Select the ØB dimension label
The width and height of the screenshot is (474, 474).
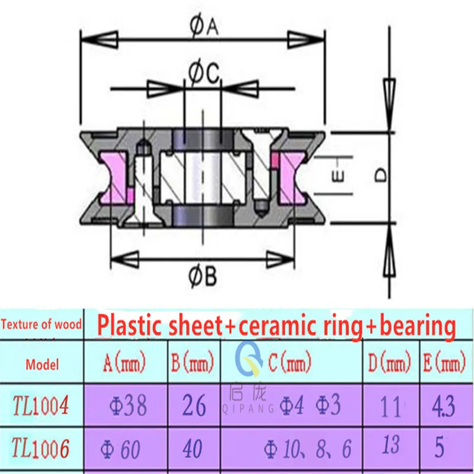click(x=204, y=276)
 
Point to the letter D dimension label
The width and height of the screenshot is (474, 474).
click(x=382, y=175)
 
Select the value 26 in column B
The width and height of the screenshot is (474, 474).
click(x=193, y=406)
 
